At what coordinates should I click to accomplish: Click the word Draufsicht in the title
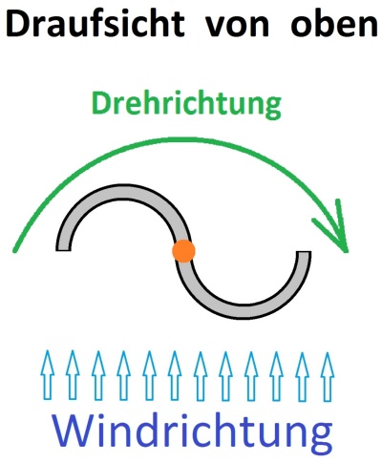[95, 23]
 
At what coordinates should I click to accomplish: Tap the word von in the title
[237, 27]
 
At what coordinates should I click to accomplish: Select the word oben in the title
[334, 23]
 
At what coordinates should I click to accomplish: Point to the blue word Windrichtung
[192, 431]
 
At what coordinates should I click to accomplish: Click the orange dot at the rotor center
[183, 251]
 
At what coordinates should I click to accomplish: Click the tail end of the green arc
[14, 250]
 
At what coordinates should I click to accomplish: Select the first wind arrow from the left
[48, 375]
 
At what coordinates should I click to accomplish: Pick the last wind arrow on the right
[328, 376]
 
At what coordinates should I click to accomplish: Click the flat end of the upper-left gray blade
[63, 250]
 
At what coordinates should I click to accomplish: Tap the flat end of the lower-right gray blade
[304, 252]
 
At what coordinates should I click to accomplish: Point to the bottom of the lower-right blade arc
[244, 313]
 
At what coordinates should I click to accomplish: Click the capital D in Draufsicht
[18, 24]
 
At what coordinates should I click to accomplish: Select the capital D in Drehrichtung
[101, 103]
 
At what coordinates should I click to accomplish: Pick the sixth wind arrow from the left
[175, 375]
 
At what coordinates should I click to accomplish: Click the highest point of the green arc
[181, 139]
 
